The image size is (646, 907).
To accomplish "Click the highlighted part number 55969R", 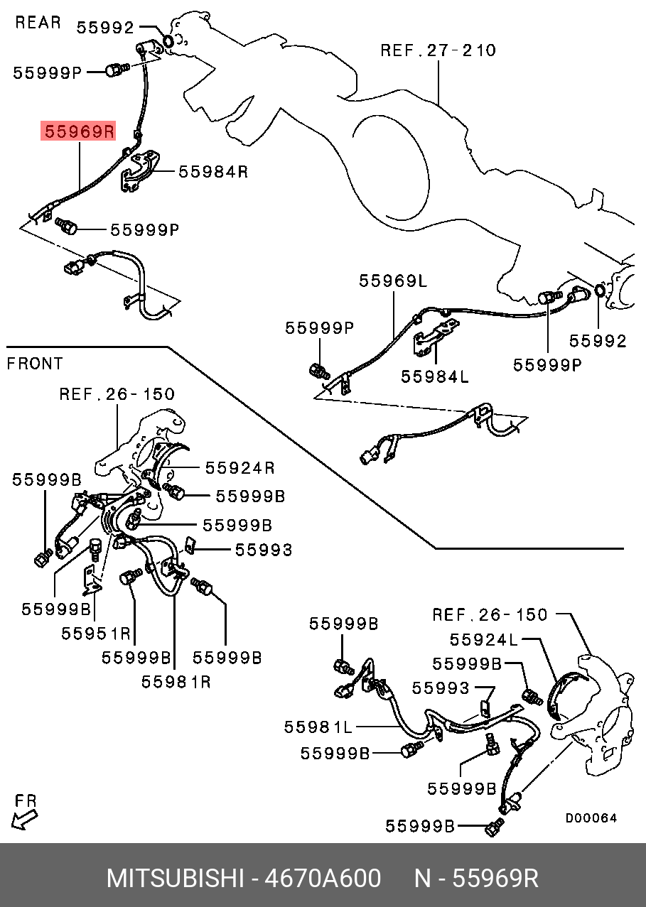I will pos(79,131).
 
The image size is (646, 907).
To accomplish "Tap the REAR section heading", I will pos(38,23).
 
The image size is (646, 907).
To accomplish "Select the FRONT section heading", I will pos(35,364).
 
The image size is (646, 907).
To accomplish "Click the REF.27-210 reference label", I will pos(438,50).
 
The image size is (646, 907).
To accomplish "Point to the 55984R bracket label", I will pos(212,171).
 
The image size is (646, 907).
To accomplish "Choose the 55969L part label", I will pos(393,281).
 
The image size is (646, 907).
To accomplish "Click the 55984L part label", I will pos(435,376).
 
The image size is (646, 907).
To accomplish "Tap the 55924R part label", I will pos(239,467).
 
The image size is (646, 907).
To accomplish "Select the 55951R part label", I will pos(96,633).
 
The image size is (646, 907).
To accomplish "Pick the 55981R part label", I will pos(176,681).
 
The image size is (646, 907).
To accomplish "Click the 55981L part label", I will pos(318,727).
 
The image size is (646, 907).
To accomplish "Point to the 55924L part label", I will pos(484,640).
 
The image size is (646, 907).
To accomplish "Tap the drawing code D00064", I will pos(591,818).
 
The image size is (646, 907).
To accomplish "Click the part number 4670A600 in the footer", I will pos(323,878).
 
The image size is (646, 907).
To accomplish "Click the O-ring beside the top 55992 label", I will pos(169,41).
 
